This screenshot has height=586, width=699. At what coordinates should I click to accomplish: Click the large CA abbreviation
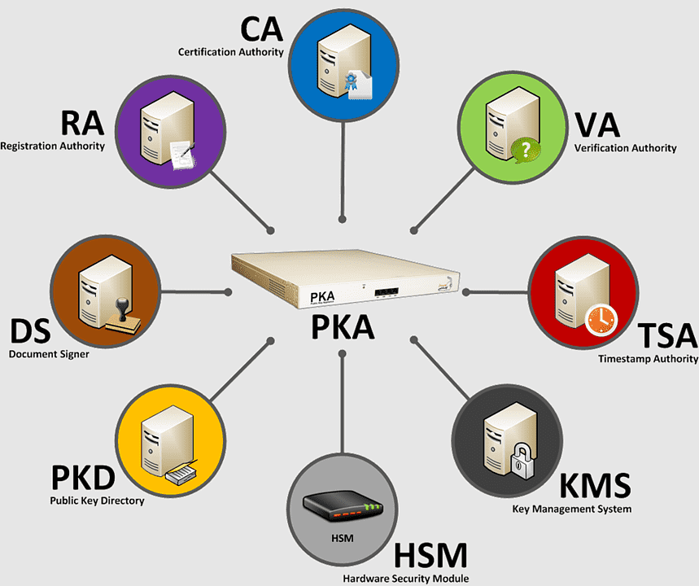pos(260,29)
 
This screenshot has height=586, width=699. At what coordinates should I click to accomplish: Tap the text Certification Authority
pos(231,52)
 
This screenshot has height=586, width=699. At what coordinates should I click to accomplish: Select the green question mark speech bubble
pos(526,150)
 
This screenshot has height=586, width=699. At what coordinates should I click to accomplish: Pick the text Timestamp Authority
pos(648,359)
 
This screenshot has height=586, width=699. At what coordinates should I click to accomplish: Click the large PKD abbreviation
pos(82,478)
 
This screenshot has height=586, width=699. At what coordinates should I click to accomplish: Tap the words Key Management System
pos(571,509)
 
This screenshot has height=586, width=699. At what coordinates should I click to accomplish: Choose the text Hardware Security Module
pos(405,579)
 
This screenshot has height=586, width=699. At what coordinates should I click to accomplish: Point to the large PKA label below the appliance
pos(342,326)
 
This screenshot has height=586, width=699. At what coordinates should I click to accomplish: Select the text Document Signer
pos(48,354)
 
